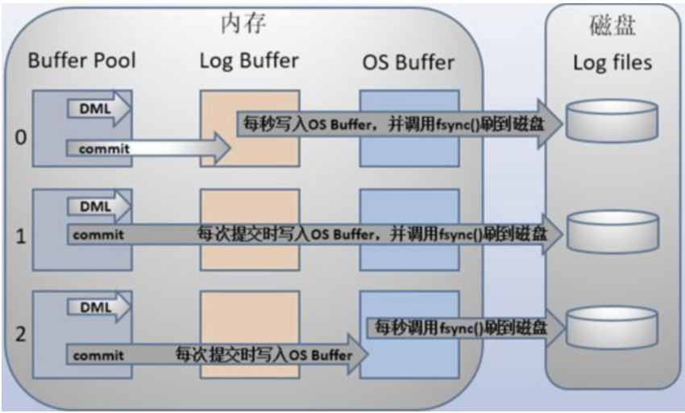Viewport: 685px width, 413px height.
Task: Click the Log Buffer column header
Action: click(249, 60)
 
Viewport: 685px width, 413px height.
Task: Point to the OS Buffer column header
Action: click(407, 61)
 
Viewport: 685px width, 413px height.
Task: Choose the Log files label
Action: click(612, 62)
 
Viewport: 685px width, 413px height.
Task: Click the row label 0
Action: click(21, 137)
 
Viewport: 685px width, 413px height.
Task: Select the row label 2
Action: click(21, 334)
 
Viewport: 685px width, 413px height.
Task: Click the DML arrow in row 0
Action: click(102, 108)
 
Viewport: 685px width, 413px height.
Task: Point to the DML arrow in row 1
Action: click(102, 206)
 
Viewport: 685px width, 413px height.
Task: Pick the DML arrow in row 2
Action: click(102, 307)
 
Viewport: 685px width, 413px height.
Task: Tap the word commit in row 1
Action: click(98, 236)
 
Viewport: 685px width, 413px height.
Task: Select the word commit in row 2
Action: click(98, 355)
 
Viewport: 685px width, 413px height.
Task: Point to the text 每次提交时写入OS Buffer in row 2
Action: click(264, 354)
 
